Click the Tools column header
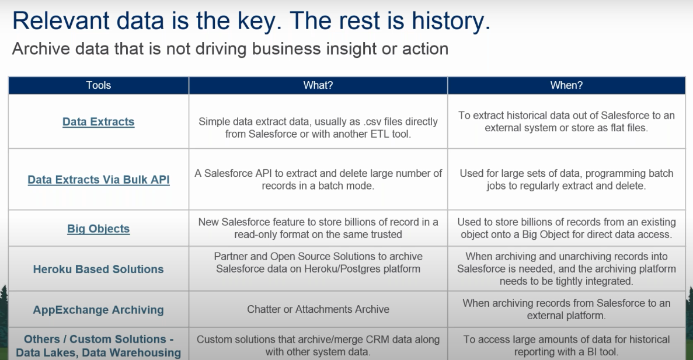pos(98,85)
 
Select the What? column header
pos(318,85)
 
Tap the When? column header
pos(566,85)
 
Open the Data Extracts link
pos(98,121)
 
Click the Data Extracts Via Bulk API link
pos(99,179)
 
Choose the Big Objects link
pos(98,228)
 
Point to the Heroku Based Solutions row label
pos(98,269)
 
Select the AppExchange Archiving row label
pos(98,310)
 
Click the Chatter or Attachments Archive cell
pos(318,309)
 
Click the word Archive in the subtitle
pos(41,48)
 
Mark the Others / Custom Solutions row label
pos(99,345)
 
